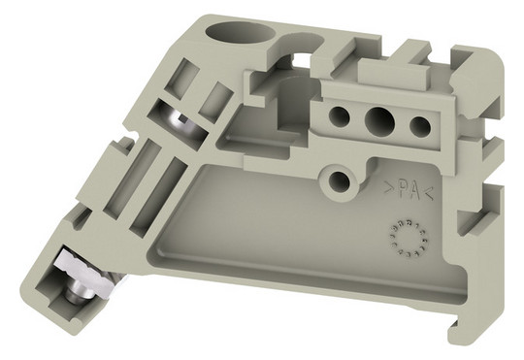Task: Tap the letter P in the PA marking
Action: [404, 191]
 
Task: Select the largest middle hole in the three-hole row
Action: [379, 119]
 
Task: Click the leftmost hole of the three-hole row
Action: [339, 116]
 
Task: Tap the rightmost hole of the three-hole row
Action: [420, 126]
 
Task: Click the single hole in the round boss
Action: [340, 180]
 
